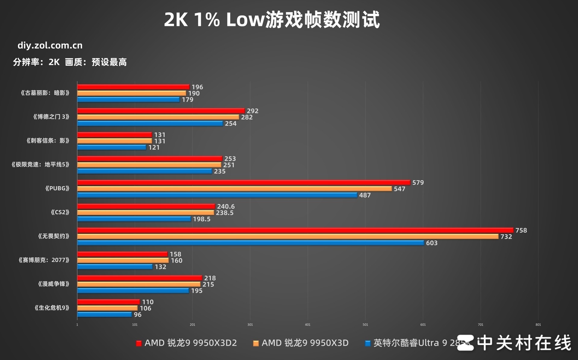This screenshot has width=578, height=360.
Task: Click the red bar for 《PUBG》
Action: tap(244, 183)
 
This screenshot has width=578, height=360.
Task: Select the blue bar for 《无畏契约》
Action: tap(251, 243)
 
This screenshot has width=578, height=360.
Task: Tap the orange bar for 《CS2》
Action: tap(145, 213)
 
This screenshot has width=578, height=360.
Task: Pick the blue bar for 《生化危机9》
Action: tap(105, 315)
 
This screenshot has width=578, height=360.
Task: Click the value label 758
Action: tap(521, 230)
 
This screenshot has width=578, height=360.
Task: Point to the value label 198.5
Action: tap(202, 219)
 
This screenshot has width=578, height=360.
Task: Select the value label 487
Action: tap(365, 195)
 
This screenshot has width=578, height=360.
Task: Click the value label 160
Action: tap(177, 261)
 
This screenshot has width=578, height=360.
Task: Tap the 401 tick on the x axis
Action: tap(308, 325)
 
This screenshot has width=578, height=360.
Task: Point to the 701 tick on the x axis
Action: tap(480, 325)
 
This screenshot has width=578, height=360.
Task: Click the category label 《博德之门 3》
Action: tap(51, 117)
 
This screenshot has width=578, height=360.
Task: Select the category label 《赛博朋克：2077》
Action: tap(44, 260)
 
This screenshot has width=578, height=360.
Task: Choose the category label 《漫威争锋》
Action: tap(54, 284)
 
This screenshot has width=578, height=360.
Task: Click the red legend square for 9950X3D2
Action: tap(139, 343)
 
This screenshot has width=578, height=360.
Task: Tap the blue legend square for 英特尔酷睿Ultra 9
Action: tap(367, 343)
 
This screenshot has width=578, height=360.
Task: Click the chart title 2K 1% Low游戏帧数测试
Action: tap(272, 20)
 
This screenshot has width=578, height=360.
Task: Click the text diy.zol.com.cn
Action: tap(50, 45)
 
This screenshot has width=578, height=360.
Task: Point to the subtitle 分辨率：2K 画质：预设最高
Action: tap(70, 62)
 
